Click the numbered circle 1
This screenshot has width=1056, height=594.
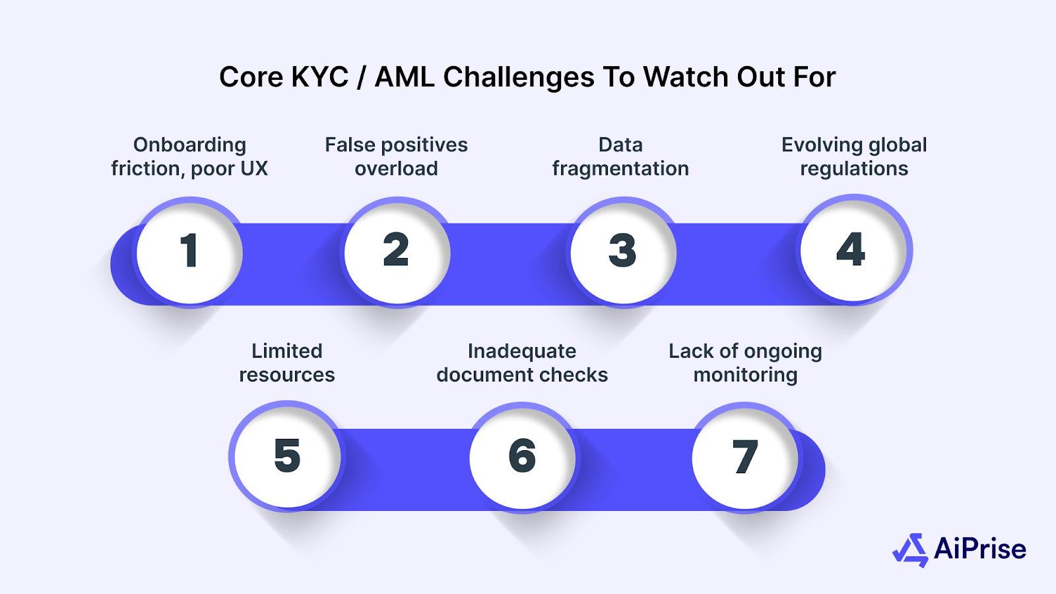pos(189,251)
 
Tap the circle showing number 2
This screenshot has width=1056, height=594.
pos(397,251)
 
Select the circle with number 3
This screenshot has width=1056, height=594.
pos(622,251)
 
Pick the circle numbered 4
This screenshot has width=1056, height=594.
pos(852,250)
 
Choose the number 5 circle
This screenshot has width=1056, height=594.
pos(287,456)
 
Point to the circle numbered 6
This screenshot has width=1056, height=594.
pos(522,456)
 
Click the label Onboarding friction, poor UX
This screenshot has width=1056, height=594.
pos(189,157)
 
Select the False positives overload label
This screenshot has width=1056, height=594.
pos(396,157)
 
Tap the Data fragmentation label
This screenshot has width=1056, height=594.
pos(620,157)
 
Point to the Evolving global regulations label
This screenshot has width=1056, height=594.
pos(854,157)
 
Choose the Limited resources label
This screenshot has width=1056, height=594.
pos(287,363)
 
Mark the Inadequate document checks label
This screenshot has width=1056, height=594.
pos(522,363)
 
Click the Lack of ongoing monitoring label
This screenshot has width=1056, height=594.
pos(745,363)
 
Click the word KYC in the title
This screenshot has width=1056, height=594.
pos(320,77)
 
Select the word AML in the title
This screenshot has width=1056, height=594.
pos(405,77)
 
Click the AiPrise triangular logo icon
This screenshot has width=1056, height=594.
pos(911,550)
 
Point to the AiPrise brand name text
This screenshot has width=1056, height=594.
pos(980,549)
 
